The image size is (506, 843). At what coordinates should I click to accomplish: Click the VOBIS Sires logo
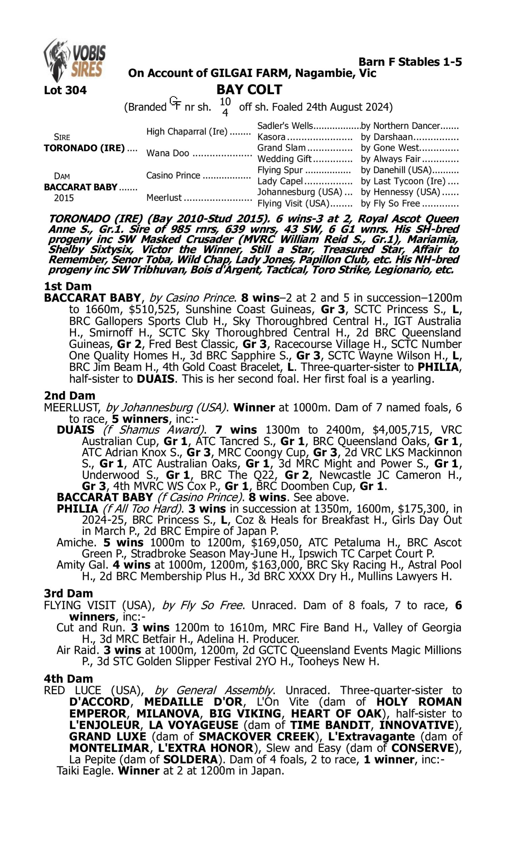[x=74, y=60]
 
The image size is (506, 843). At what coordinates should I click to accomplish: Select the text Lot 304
[x=65, y=90]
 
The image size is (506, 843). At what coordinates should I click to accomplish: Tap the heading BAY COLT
[x=249, y=90]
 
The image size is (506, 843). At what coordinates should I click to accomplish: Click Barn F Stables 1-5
[x=410, y=62]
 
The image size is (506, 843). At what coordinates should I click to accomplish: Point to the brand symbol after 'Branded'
[x=175, y=103]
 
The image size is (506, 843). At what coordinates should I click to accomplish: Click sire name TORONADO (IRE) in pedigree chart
[x=84, y=148]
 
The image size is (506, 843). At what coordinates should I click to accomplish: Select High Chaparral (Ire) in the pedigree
[x=187, y=132]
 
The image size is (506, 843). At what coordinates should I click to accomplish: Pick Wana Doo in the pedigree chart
[x=167, y=153]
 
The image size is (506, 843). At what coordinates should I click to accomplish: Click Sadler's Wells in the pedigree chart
[x=285, y=126]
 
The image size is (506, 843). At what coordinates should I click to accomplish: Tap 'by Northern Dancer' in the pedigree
[x=400, y=126]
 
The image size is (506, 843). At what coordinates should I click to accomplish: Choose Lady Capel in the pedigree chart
[x=280, y=181]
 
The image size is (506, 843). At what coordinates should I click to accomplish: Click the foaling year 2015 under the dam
[x=63, y=198]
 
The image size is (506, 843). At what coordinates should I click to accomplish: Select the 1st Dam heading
[x=67, y=286]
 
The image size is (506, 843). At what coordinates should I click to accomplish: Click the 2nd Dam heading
[x=69, y=396]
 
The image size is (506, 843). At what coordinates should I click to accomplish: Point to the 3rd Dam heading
[x=68, y=593]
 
